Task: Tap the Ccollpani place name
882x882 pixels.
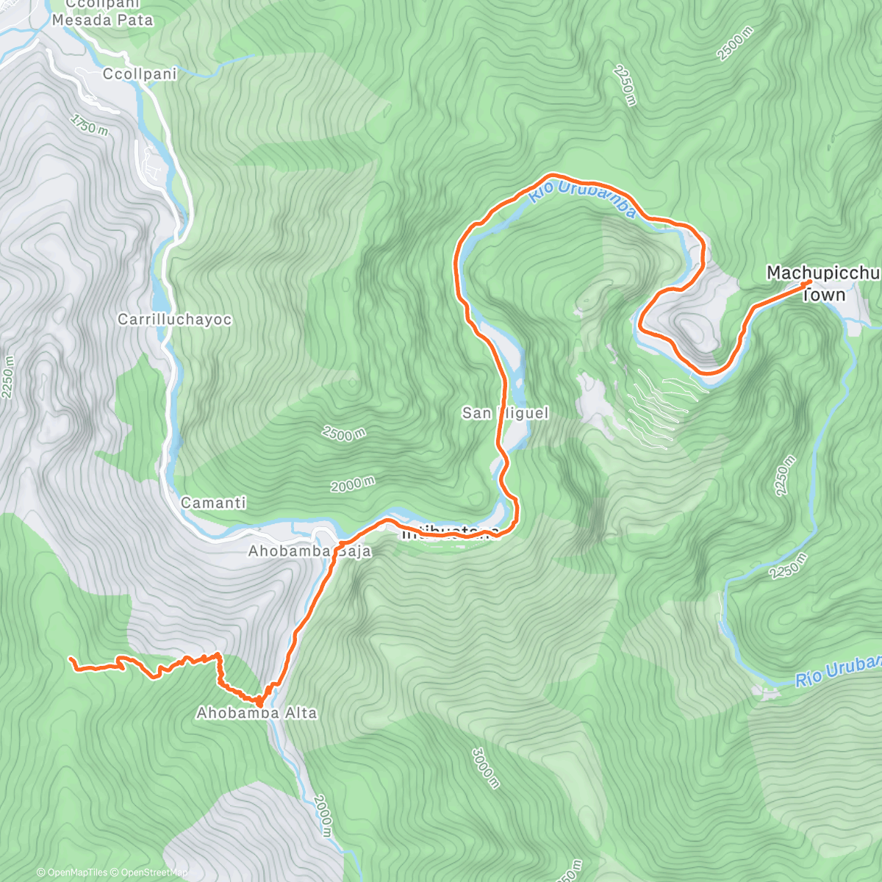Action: tap(140, 74)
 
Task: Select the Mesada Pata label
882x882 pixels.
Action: tap(102, 21)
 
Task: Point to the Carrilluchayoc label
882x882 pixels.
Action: tap(174, 320)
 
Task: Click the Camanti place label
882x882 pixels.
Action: tap(213, 503)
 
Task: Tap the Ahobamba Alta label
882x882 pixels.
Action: tap(257, 713)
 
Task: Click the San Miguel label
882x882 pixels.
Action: tap(505, 413)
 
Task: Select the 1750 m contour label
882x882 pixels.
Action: tap(90, 125)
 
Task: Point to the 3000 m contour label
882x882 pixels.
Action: tap(485, 768)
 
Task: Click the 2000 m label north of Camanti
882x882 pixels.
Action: tap(352, 484)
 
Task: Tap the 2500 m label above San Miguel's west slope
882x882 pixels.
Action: tap(343, 434)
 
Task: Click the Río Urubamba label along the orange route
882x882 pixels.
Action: tap(582, 197)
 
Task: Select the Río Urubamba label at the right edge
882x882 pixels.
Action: tap(838, 672)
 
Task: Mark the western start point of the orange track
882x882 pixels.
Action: tap(71, 659)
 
